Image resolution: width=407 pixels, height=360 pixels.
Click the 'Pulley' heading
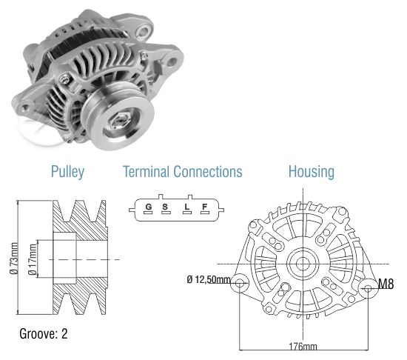click(67, 172)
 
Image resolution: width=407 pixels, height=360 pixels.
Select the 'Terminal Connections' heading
click(183, 172)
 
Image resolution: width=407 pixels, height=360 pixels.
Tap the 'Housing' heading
click(312, 172)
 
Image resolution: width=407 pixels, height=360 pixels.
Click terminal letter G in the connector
click(149, 207)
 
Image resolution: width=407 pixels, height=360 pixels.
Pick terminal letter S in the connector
click(165, 207)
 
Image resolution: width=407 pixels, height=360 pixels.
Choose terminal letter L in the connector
click(187, 207)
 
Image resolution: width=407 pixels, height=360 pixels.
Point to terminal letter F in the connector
click(205, 207)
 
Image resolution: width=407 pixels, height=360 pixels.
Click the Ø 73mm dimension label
click(14, 259)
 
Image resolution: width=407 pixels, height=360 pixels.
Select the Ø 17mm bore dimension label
click(33, 259)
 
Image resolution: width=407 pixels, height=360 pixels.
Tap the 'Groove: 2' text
click(44, 333)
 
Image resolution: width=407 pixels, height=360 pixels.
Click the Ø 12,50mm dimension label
click(209, 279)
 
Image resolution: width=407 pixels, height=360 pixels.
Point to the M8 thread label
click(386, 284)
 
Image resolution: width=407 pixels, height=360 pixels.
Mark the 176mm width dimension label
click(303, 346)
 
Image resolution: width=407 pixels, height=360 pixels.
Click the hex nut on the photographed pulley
click(121, 120)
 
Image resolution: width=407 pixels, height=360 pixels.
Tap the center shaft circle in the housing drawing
click(303, 264)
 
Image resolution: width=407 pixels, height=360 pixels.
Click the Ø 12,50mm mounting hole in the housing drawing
click(239, 282)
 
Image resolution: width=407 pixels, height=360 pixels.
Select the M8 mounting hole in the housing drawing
click(368, 288)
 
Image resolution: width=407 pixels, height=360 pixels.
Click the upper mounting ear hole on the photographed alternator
click(143, 31)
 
